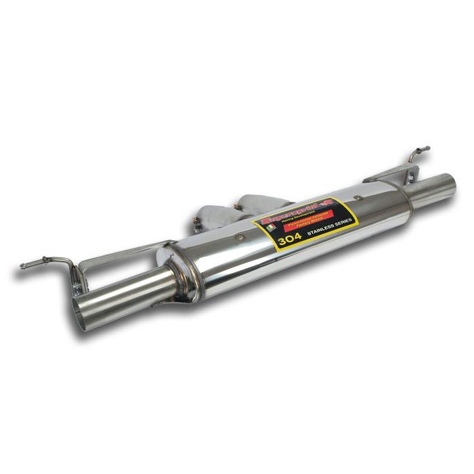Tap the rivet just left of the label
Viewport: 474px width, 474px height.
(x=240, y=238)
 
